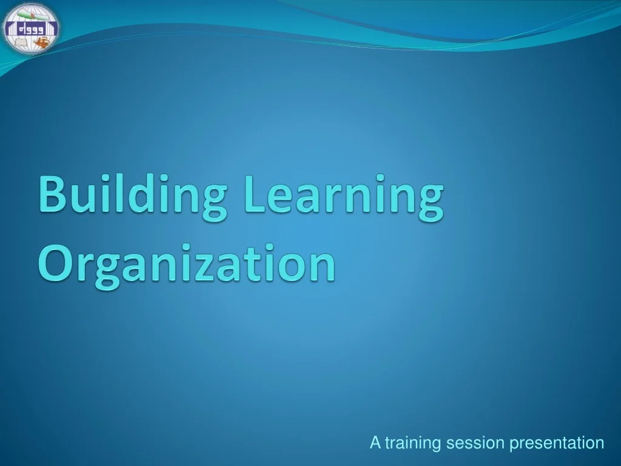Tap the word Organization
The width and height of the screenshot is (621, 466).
pyautogui.click(x=187, y=262)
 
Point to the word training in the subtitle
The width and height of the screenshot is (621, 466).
pyautogui.click(x=413, y=444)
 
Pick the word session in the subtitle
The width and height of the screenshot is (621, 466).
pyautogui.click(x=475, y=444)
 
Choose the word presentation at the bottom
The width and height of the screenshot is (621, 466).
pyautogui.click(x=557, y=444)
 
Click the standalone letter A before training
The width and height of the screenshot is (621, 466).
pyautogui.click(x=375, y=444)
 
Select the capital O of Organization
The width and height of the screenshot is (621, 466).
pyautogui.click(x=55, y=262)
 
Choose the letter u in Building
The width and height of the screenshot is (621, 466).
pyautogui.click(x=86, y=197)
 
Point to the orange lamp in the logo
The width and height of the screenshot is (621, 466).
pyautogui.click(x=41, y=42)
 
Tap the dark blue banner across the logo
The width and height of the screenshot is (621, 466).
pyautogui.click(x=30, y=28)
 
